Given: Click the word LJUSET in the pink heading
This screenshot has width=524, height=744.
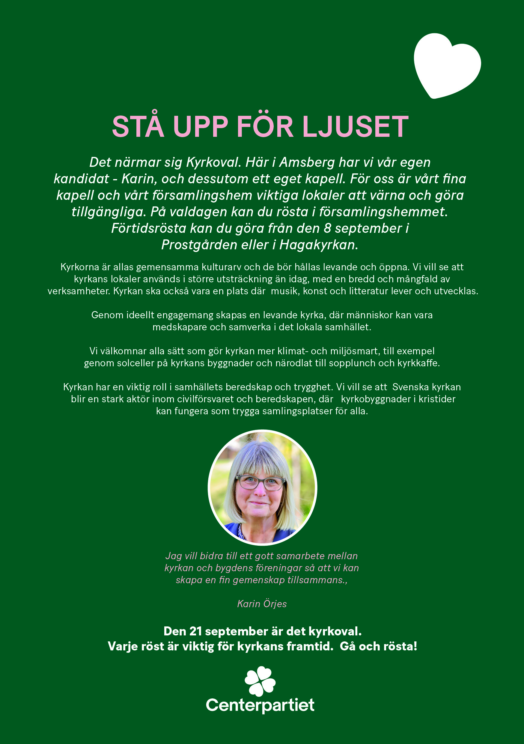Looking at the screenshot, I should pos(355,126).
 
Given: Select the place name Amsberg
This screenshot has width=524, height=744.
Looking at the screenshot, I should pos(307,162).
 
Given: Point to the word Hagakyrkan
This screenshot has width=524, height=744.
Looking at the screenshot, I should pos(319,245).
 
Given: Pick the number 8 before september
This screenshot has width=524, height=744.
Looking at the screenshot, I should pos(327,228).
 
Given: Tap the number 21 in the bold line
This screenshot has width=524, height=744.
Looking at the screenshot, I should pos(196,631).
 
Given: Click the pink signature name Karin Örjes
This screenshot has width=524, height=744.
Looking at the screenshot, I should pos(262,604).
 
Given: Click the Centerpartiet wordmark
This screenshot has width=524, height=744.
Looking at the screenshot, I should pos(260,705).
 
